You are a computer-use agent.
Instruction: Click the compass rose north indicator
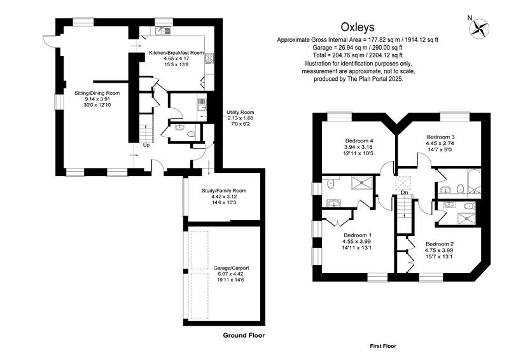tap(479, 27)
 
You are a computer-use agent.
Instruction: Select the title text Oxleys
tap(358, 27)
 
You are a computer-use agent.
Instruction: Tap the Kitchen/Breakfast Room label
tap(176, 53)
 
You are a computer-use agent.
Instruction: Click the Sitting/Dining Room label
tap(97, 93)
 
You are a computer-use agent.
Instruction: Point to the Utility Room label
tap(241, 113)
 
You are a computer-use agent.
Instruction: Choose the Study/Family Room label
tap(224, 191)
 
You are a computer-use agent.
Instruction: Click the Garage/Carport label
tap(231, 268)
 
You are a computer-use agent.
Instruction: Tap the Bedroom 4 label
tap(359, 141)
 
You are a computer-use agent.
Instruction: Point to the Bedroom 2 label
tap(440, 244)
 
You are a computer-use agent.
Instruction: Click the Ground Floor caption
tap(244, 336)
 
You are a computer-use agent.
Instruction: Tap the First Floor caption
tap(383, 347)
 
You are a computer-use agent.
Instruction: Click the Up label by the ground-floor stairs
tap(146, 145)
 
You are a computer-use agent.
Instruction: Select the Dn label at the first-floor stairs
tap(404, 193)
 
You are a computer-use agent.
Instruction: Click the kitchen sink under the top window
tap(163, 31)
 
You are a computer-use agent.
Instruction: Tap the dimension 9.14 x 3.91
tap(97, 99)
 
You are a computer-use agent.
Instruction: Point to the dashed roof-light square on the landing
tap(403, 183)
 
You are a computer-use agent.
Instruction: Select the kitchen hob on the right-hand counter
tap(209, 58)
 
